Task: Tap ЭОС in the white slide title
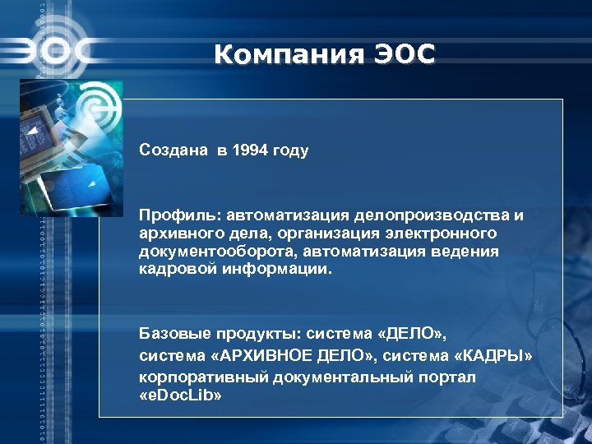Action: click(404, 55)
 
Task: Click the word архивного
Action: click(177, 234)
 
